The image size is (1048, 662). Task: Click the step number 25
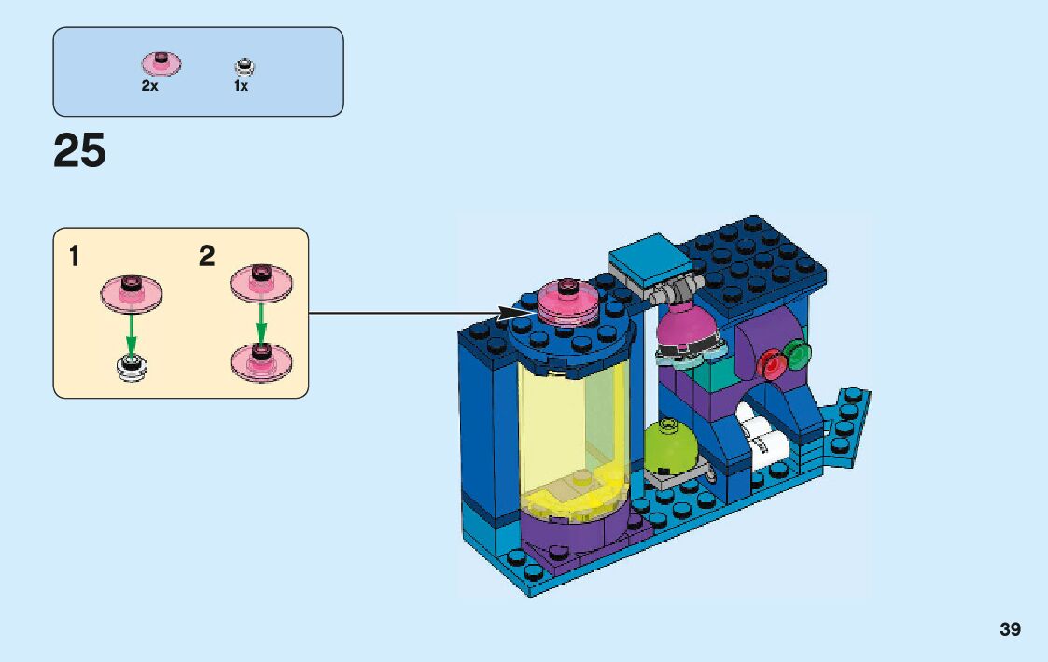[79, 150]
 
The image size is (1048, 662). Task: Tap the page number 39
[1010, 630]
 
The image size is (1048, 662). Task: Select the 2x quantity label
[149, 85]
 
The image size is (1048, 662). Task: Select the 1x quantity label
[241, 85]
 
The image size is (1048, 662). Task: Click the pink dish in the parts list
[161, 63]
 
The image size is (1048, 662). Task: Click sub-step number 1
[74, 256]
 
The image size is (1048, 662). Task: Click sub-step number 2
[206, 256]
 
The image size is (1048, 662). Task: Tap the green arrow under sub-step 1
[132, 329]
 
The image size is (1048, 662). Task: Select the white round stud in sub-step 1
[132, 368]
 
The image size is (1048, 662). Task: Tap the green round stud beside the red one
[798, 353]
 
